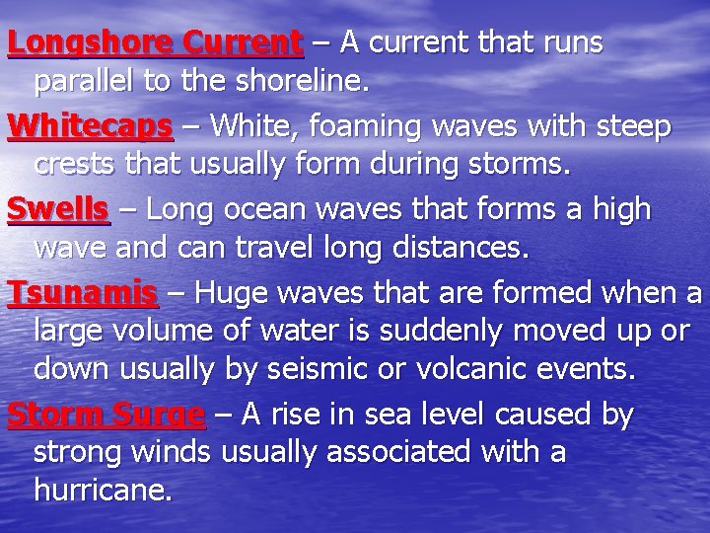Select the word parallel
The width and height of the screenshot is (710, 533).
pyautogui.click(x=85, y=82)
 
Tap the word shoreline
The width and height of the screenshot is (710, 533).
pyautogui.click(x=311, y=82)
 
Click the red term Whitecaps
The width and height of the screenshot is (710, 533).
pyautogui.click(x=90, y=127)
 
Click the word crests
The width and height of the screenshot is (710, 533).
pyautogui.click(x=76, y=166)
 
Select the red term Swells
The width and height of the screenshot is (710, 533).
pyautogui.click(x=58, y=209)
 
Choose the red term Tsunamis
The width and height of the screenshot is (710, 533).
pyautogui.click(x=82, y=293)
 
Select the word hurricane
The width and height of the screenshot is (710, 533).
pyautogui.click(x=103, y=491)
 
